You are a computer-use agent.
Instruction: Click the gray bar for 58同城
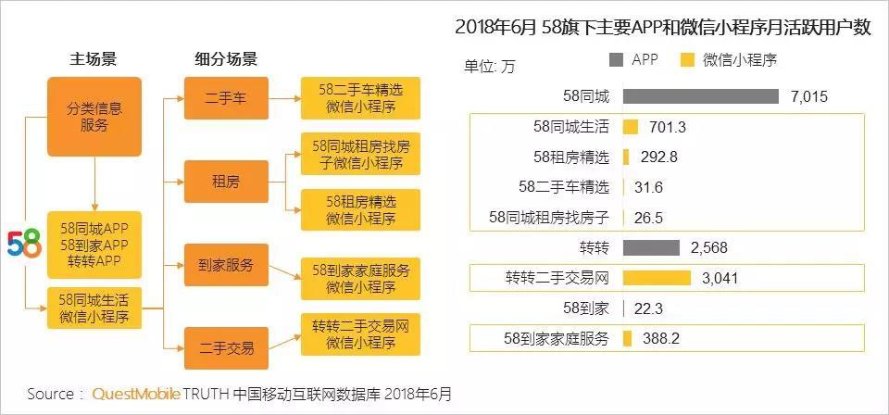tap(700, 96)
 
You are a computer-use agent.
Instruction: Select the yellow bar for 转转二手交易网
tap(657, 278)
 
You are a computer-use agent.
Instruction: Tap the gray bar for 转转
tap(652, 247)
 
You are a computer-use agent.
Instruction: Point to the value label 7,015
tap(808, 96)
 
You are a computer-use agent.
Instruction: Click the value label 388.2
tap(661, 339)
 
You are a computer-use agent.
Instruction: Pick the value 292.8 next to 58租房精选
tap(657, 157)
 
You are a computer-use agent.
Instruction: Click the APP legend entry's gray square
tap(617, 60)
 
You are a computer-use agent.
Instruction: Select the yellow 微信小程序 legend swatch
tap(687, 60)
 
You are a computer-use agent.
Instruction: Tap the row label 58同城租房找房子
tap(548, 218)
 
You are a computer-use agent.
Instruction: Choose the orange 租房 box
tap(226, 182)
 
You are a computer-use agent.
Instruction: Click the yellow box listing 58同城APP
tap(94, 244)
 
